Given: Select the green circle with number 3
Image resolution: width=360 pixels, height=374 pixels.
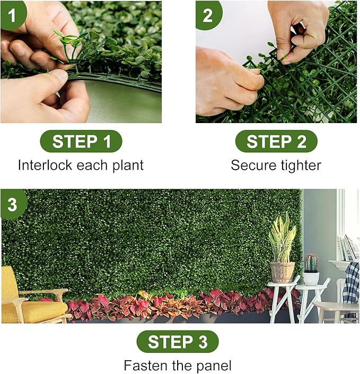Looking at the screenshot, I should click(x=12, y=203).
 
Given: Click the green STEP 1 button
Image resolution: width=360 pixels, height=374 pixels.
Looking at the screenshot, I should click(x=81, y=142).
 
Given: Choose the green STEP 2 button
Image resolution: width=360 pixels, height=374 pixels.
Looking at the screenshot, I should click(x=276, y=142).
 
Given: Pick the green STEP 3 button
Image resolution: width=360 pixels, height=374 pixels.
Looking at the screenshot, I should click(x=178, y=342).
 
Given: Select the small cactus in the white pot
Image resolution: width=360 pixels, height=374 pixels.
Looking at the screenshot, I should click(x=311, y=263).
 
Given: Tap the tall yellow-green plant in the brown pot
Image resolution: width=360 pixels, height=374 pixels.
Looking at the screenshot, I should click(x=282, y=239).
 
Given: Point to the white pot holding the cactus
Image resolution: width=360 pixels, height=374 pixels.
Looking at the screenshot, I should click(x=311, y=278).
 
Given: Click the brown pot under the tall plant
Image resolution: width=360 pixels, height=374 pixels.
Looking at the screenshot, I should click(x=282, y=272).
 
